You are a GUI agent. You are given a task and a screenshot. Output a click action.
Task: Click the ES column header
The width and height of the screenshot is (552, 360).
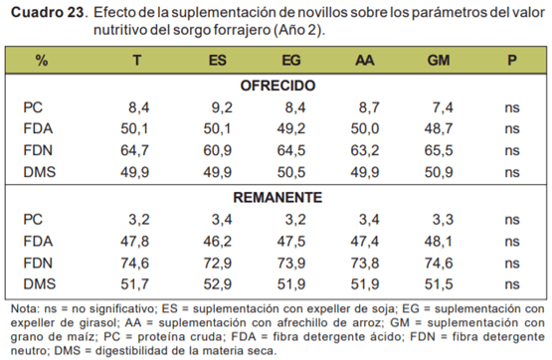(x=217, y=61)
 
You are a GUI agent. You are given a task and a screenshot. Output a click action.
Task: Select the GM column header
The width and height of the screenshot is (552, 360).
(x=436, y=61)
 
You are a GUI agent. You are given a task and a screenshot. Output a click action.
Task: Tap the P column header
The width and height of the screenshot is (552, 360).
(x=510, y=61)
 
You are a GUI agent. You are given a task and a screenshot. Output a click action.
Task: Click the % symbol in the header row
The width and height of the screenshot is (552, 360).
(x=41, y=61)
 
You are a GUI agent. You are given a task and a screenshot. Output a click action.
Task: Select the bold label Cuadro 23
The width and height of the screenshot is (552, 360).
(x=46, y=14)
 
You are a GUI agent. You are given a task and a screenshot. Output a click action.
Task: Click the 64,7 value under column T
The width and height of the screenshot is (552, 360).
(x=134, y=149)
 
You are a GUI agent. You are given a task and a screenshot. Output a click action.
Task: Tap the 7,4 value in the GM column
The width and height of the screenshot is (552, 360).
(x=440, y=106)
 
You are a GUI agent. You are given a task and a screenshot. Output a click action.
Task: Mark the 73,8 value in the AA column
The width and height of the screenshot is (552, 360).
(x=363, y=262)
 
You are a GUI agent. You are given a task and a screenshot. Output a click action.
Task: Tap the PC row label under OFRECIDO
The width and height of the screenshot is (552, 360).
(x=34, y=106)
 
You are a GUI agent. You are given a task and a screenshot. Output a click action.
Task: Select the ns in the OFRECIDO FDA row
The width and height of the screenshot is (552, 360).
(x=511, y=127)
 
